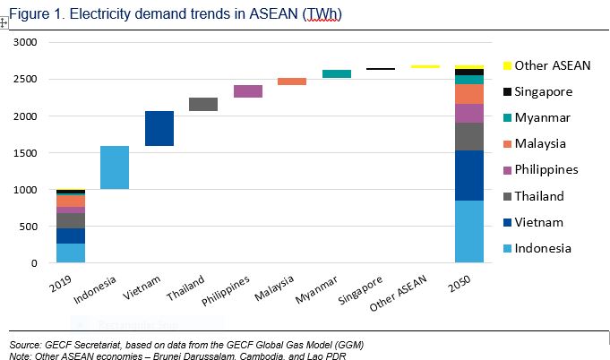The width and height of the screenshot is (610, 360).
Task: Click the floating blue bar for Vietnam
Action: pos(159,128)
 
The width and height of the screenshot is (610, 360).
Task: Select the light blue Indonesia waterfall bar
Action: pos(115,167)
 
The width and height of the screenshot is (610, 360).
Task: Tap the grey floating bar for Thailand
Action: pos(203,105)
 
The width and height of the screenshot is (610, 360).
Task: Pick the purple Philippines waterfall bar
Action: pos(248,91)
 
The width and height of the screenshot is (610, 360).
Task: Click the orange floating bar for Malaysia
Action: pos(292,81)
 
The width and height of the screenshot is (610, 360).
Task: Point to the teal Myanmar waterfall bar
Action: pos(337,74)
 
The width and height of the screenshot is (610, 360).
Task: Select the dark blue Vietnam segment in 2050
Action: pos(469,176)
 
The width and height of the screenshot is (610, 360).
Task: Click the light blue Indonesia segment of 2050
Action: pos(469,231)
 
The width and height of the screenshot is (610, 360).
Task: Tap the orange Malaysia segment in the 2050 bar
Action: pos(469,94)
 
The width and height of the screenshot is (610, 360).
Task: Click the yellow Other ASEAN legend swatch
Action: pos(507,65)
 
